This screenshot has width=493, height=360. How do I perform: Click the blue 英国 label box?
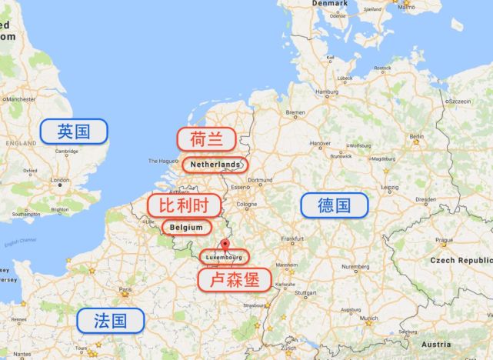click(74, 132)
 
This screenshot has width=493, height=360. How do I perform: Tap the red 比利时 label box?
click(184, 205)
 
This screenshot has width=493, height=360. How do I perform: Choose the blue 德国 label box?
click(334, 205)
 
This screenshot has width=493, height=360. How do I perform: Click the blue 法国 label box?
click(110, 321)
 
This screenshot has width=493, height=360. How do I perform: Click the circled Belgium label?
click(187, 228)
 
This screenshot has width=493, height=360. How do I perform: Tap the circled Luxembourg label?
click(224, 256)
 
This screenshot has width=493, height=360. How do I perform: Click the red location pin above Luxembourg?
click(224, 245)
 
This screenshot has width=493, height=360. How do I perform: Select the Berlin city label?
click(418, 137)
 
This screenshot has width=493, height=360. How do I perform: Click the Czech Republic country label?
click(462, 261)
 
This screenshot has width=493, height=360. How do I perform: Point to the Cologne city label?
click(247, 204)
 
